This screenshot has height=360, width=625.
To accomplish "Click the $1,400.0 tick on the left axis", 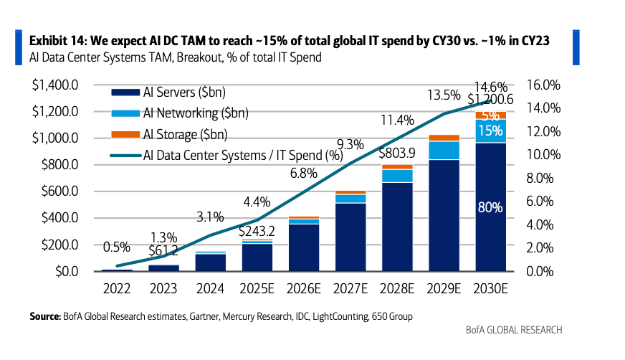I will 62,85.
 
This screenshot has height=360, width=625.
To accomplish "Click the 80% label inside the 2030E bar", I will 490,208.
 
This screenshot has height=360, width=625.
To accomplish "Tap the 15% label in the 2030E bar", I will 490,131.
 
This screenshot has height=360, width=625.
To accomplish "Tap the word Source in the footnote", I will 45,316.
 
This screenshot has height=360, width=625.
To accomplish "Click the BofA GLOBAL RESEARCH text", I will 514,330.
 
